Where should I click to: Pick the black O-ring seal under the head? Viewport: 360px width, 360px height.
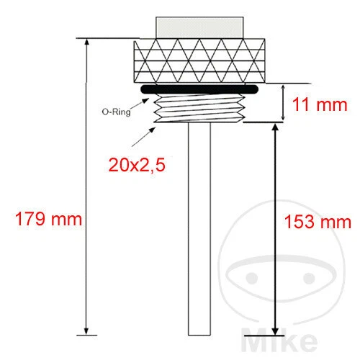pyautogui.click(x=198, y=89)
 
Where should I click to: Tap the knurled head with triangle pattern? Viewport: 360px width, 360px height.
pyautogui.click(x=198, y=60)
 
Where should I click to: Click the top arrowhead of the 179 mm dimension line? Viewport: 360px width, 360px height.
pyautogui.click(x=88, y=42)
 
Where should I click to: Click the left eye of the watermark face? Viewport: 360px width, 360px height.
pyautogui.click(x=248, y=278)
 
